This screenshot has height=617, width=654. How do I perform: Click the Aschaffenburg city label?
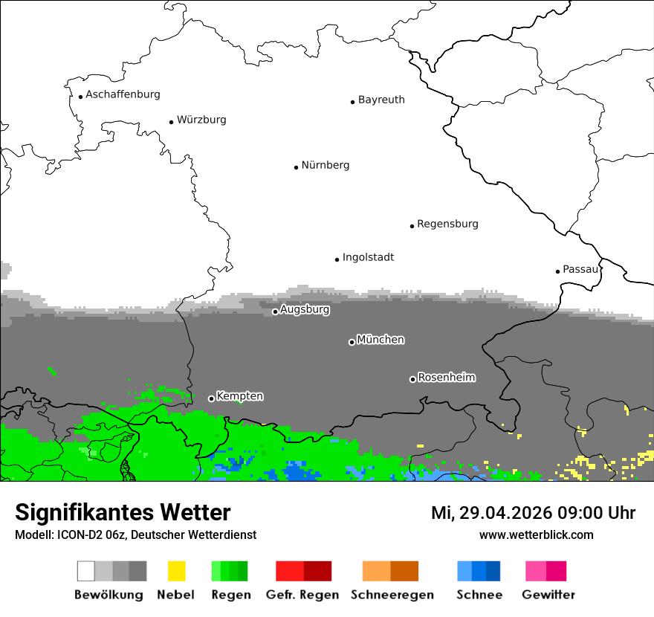[123, 94]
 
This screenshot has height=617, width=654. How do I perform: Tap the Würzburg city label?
[201, 120]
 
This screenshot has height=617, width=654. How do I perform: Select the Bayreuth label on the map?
[381, 100]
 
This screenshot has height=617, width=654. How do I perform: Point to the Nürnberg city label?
[325, 165]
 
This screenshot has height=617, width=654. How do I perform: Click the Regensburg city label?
[447, 224]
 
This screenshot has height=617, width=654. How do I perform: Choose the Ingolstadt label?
[368, 257]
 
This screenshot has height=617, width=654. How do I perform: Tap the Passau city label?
[580, 269]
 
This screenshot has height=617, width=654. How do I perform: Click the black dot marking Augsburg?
[275, 311]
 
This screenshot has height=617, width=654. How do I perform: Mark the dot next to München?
[352, 342]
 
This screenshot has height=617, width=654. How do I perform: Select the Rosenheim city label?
[446, 378]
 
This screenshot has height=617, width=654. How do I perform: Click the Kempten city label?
[239, 396]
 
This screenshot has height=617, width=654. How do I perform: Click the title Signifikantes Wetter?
[123, 512]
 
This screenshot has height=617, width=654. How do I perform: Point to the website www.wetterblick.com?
[536, 534]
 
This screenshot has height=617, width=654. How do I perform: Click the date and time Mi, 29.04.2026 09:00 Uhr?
[533, 513]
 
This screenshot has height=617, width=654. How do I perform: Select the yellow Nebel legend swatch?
[176, 571]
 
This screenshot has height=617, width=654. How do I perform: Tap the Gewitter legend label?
[548, 595]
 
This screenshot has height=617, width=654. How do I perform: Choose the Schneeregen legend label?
[392, 595]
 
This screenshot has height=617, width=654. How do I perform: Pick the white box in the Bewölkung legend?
[86, 571]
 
